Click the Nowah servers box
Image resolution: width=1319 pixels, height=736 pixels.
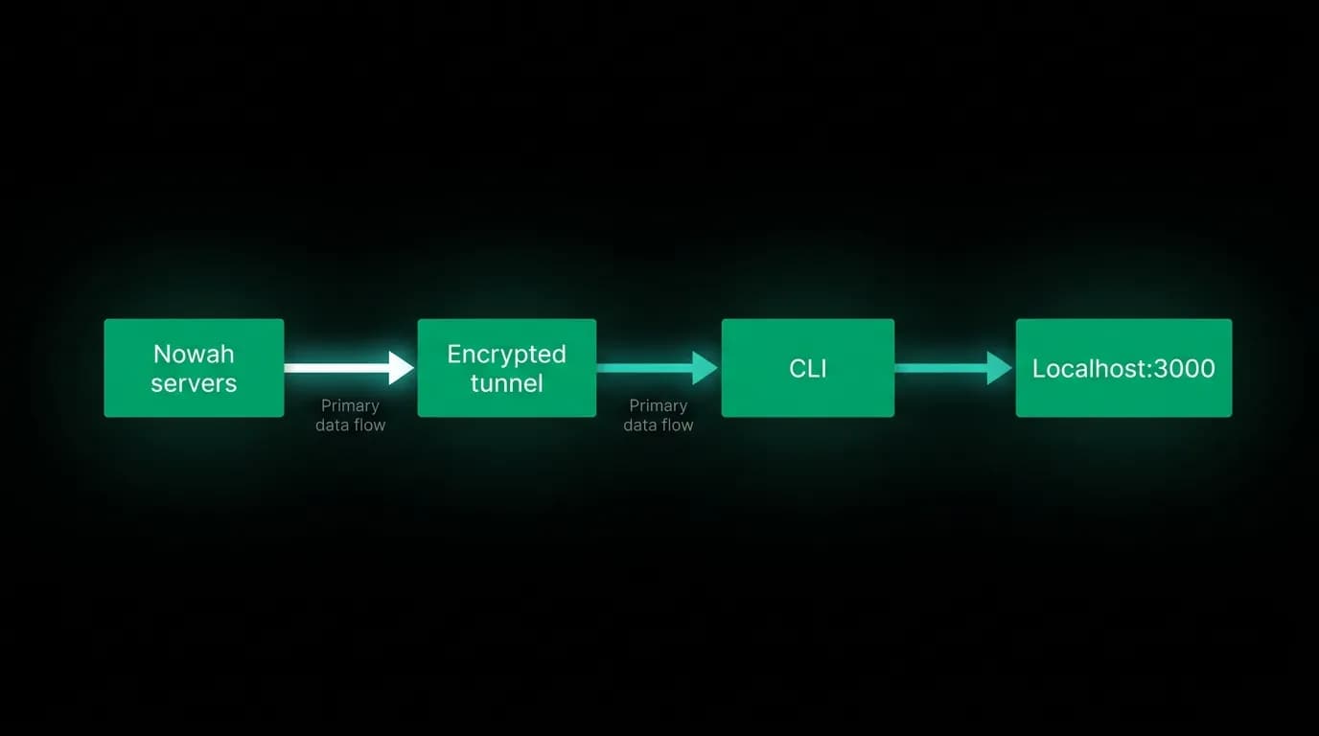pos(194,368)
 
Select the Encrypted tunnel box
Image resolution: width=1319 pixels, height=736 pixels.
pos(507,368)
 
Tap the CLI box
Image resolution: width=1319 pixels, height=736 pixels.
pos(808,368)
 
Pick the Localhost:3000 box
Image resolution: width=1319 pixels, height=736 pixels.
pos(1123,368)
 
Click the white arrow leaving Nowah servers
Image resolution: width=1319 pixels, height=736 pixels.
pos(349,368)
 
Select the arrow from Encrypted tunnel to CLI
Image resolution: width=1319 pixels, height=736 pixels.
pos(658,368)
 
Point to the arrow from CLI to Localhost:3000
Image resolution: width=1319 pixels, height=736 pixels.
pos(954,368)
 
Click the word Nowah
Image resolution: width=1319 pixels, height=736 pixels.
pos(194,354)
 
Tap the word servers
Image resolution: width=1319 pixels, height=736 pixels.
pos(194,384)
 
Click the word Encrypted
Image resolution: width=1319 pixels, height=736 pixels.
pos(506,355)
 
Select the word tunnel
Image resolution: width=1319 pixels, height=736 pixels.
pos(506,383)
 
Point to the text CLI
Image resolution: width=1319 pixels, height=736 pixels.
pos(808,369)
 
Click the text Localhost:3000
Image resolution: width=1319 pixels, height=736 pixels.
pos(1123,369)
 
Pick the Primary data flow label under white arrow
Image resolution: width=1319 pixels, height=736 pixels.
pos(351,415)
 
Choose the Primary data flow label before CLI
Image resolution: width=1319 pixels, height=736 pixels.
pos(659,415)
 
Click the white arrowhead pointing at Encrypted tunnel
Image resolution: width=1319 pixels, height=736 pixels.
pos(402,368)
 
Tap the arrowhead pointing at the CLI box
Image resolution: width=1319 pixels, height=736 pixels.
pos(705,368)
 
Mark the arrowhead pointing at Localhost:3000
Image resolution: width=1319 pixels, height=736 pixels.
pos(1000,368)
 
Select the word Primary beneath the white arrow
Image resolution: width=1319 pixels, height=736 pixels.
pos(351,406)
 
